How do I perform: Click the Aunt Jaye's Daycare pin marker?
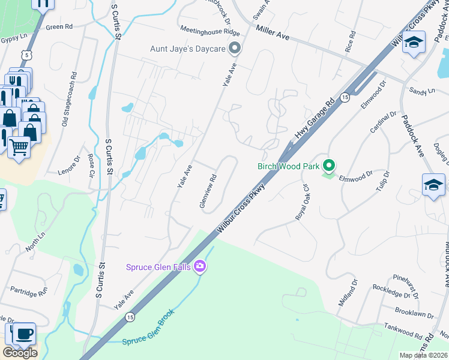(235, 47)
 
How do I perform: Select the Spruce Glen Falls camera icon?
(200, 266)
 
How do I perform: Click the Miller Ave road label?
(273, 33)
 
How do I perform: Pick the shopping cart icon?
(19, 146)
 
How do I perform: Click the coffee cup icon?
(23, 334)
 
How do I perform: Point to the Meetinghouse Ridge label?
(210, 31)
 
